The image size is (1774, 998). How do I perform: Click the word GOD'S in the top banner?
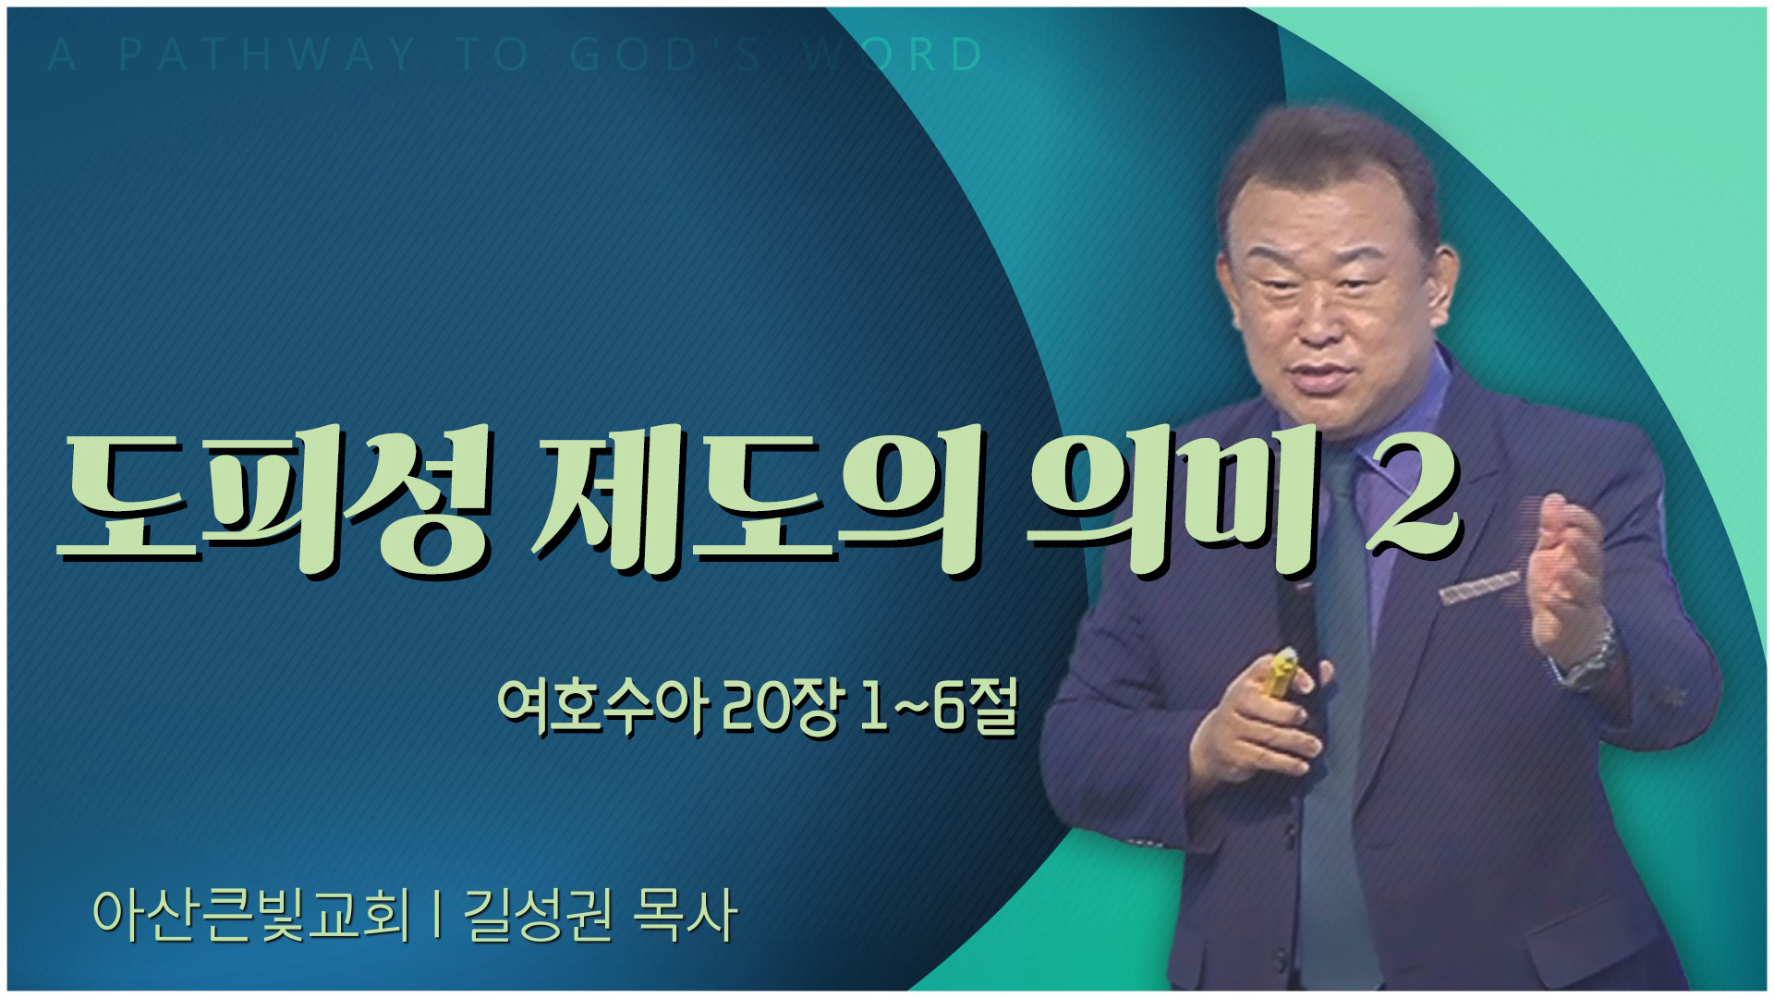[x=665, y=55]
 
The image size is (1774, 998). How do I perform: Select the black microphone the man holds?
[x=1297, y=628]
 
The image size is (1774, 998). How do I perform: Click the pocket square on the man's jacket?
[x=1478, y=588]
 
